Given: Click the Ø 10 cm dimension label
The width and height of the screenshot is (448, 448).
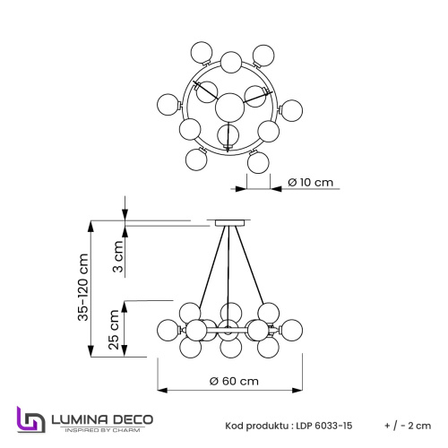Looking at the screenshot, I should pos(310,183).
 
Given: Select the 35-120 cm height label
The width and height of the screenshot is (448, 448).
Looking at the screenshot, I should pos(83,287).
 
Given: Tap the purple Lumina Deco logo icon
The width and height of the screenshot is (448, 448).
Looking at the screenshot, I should pos(30,420).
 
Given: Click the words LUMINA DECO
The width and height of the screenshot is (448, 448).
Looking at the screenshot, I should pos(100,418).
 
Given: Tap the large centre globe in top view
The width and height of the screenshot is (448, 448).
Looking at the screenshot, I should pos(231,106).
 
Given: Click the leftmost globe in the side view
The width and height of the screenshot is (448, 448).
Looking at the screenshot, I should pos(167,329).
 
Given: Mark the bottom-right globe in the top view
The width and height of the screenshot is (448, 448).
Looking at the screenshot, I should pos(259,162).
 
